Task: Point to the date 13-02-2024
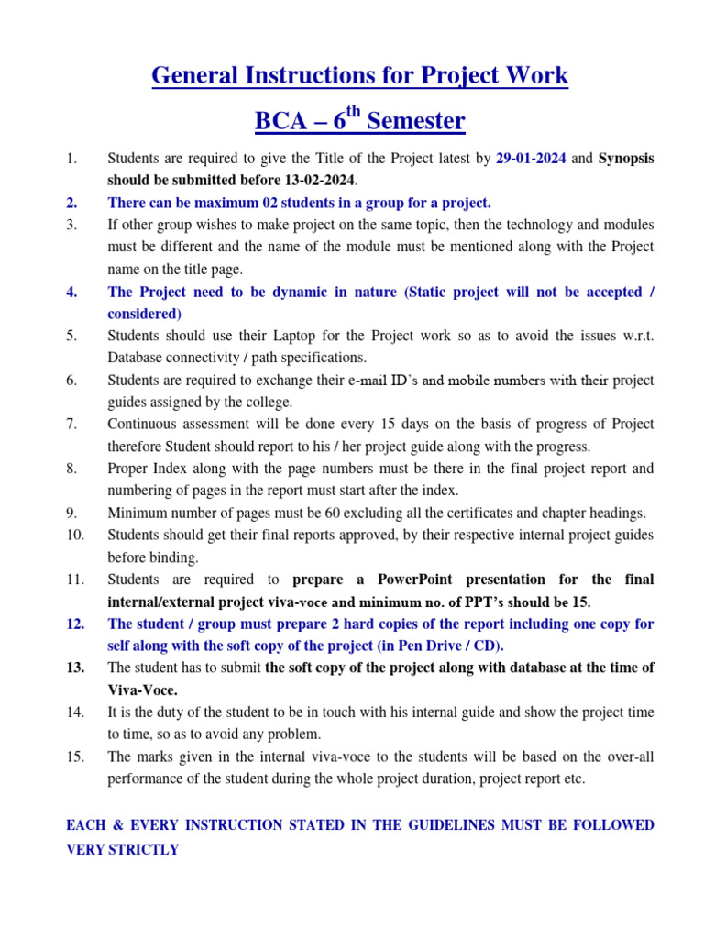tap(311, 181)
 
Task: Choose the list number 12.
tap(75, 624)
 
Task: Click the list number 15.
tap(75, 757)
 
